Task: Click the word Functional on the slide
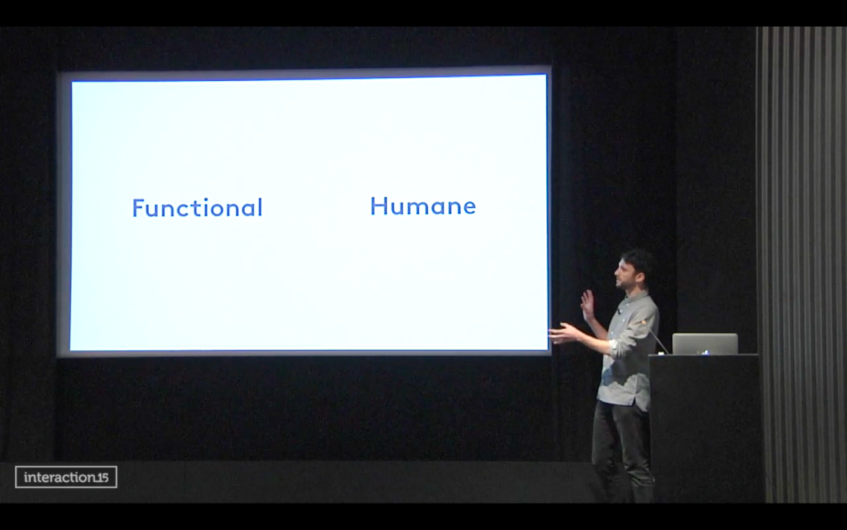coord(197,207)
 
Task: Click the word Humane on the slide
coord(423,206)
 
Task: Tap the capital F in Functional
coord(138,208)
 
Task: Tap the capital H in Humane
coord(378,206)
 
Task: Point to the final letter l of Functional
coord(260,207)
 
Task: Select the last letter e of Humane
coord(469,208)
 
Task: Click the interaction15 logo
coord(66,477)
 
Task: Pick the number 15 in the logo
coord(102,478)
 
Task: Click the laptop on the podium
coord(705,344)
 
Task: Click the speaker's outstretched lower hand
coord(563,334)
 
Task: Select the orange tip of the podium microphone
coord(643,322)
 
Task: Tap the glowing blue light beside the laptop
coord(706,352)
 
